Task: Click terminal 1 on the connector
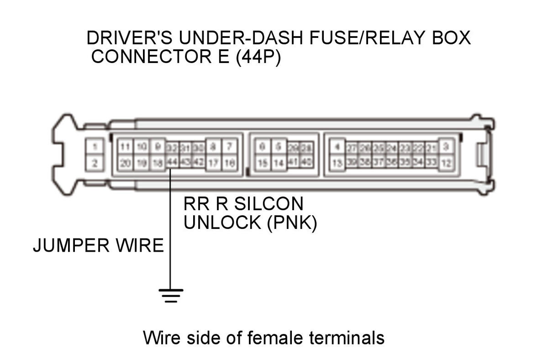tap(95, 147)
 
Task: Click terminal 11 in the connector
tap(126, 147)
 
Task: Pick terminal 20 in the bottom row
tap(126, 163)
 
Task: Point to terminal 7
tap(230, 147)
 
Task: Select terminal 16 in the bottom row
tap(230, 163)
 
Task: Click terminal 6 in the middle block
tap(262, 147)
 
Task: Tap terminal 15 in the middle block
tap(262, 163)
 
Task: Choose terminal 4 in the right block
tap(337, 147)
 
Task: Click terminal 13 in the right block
tap(337, 163)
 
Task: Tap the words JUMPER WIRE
tap(98, 246)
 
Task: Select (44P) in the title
tap(258, 58)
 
